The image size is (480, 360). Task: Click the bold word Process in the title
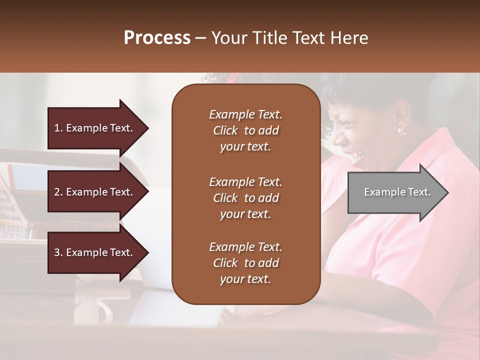(x=157, y=38)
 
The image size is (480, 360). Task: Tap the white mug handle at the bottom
(x=106, y=313)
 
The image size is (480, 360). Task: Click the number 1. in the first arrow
(x=58, y=128)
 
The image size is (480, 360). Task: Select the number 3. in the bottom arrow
(x=58, y=252)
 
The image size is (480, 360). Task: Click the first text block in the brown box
(x=245, y=130)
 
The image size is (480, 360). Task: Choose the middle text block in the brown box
(x=245, y=198)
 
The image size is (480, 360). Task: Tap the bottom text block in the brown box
(x=245, y=263)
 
